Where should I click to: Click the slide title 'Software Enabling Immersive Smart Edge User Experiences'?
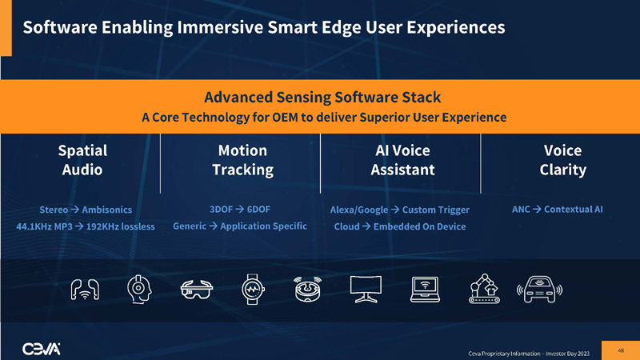pyautogui.click(x=264, y=27)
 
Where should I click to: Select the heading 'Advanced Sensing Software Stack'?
pyautogui.click(x=322, y=98)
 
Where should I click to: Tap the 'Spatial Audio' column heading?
pyautogui.click(x=82, y=160)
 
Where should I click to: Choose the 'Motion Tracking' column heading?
pyautogui.click(x=242, y=160)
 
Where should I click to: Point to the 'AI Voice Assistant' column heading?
pyautogui.click(x=402, y=160)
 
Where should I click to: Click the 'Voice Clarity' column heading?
pyautogui.click(x=562, y=160)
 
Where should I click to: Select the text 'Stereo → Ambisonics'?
pyautogui.click(x=86, y=210)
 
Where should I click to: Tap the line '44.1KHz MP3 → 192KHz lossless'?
pyautogui.click(x=86, y=226)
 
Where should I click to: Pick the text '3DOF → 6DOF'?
pyautogui.click(x=239, y=210)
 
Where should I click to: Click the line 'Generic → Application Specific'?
pyautogui.click(x=240, y=226)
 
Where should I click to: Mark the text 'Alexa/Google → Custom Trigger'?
pyautogui.click(x=399, y=210)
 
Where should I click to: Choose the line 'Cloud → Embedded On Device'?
pyautogui.click(x=399, y=226)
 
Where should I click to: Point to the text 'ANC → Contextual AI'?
pyautogui.click(x=557, y=210)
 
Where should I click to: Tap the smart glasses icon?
pyautogui.click(x=195, y=289)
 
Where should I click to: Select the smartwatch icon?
pyautogui.click(x=251, y=289)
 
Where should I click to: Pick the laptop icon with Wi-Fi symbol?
pyautogui.click(x=424, y=289)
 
